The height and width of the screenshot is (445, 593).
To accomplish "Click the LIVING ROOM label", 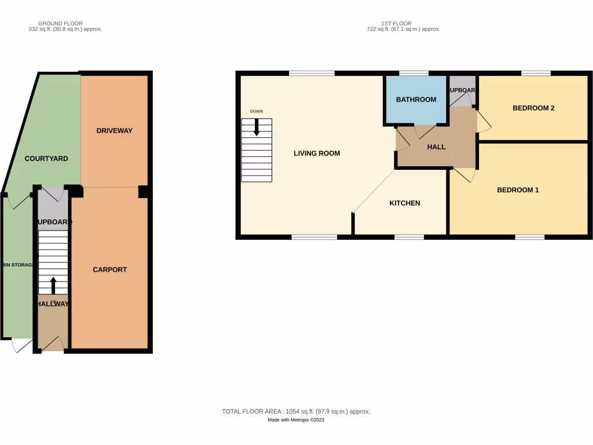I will [317, 154].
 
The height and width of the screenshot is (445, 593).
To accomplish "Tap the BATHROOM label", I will [416, 100].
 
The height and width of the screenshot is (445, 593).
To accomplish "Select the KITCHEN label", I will [404, 203].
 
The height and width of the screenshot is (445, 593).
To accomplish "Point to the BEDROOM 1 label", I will [518, 190].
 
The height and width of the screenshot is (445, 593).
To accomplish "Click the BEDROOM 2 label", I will [533, 108].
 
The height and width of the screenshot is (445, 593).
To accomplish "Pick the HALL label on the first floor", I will [436, 147].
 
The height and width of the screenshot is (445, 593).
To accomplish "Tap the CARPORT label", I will [109, 269].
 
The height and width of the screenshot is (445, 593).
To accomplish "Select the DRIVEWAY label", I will [114, 131].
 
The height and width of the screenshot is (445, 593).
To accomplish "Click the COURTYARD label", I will [46, 159].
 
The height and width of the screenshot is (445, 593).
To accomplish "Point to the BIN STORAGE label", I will [17, 265].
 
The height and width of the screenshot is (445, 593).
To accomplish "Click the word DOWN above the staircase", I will [257, 111].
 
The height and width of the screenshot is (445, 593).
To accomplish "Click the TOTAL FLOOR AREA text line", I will [296, 411].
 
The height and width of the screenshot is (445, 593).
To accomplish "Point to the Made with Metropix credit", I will [296, 420].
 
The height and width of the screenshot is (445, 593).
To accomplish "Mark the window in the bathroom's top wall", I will [413, 73].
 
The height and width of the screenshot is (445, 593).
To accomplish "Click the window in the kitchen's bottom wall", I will [409, 236].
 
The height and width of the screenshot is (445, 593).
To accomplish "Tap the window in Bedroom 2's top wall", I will [536, 73].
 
